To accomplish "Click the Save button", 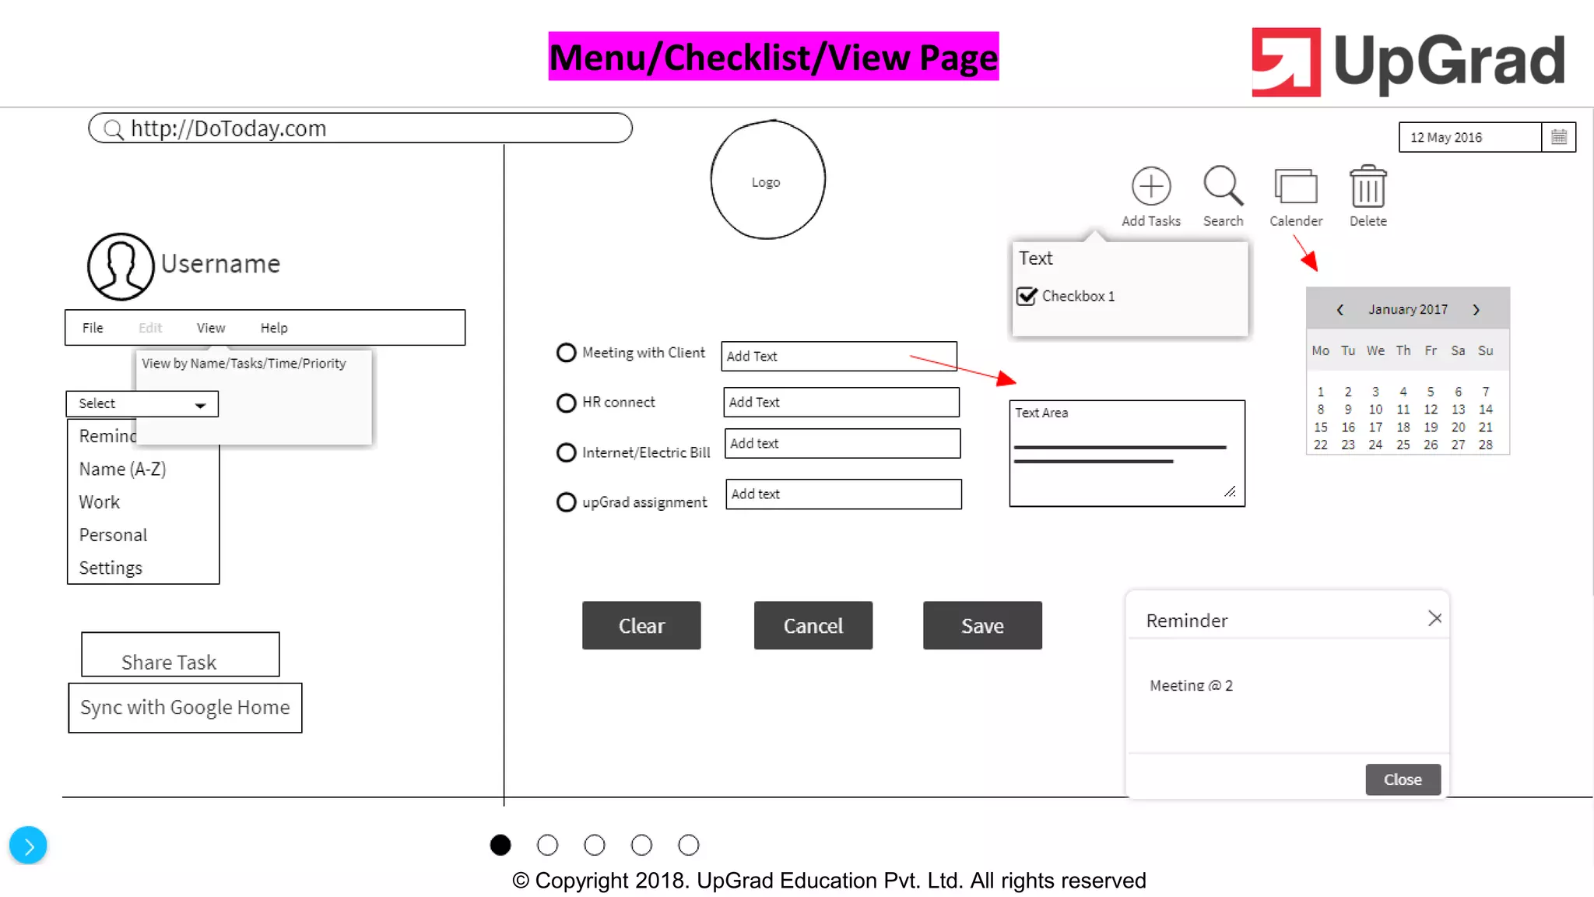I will (982, 625).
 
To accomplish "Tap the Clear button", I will (641, 625).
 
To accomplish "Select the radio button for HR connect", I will (566, 403).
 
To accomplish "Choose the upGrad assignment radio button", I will (566, 502).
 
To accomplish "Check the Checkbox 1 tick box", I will (1027, 296).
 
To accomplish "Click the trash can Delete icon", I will (1368, 187).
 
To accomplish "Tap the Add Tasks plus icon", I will (1150, 187).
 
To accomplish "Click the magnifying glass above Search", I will (1222, 185).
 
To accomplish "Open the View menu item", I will (211, 328).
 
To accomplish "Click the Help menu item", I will (274, 328).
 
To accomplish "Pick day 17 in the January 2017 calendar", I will (1375, 427).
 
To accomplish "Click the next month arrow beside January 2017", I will (1476, 310).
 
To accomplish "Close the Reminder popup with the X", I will (1434, 618).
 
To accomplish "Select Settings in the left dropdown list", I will (111, 568).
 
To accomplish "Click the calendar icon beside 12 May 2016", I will (1558, 137).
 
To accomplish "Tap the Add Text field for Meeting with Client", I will (838, 356).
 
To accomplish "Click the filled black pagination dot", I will (500, 845).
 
